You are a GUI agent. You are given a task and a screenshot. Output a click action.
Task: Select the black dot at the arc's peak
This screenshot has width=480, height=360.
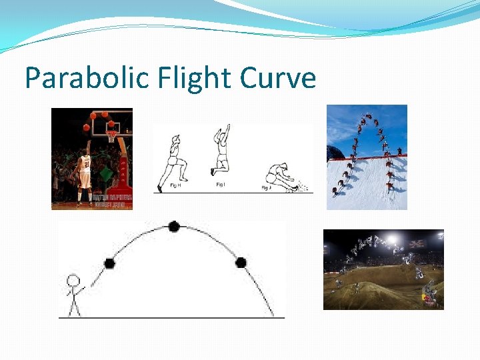coord(174,227)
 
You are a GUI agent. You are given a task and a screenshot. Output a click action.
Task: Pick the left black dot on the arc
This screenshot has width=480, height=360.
coord(109,263)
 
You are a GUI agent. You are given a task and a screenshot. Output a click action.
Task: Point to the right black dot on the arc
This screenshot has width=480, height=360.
coord(241,263)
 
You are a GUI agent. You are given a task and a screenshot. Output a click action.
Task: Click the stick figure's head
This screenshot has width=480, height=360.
coord(73,281)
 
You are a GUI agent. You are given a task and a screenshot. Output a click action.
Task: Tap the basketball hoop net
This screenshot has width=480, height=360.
coord(111,137)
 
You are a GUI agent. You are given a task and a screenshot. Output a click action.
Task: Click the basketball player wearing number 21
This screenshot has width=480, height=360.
coord(85,174)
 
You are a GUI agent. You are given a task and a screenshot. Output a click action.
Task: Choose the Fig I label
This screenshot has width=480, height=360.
coord(220,184)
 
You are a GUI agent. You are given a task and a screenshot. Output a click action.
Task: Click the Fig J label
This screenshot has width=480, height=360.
coord(266,189)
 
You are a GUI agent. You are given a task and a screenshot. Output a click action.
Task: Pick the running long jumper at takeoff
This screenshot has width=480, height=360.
coord(172,161)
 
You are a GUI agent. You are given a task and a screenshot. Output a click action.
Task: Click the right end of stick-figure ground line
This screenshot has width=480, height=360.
coord(283,317)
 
